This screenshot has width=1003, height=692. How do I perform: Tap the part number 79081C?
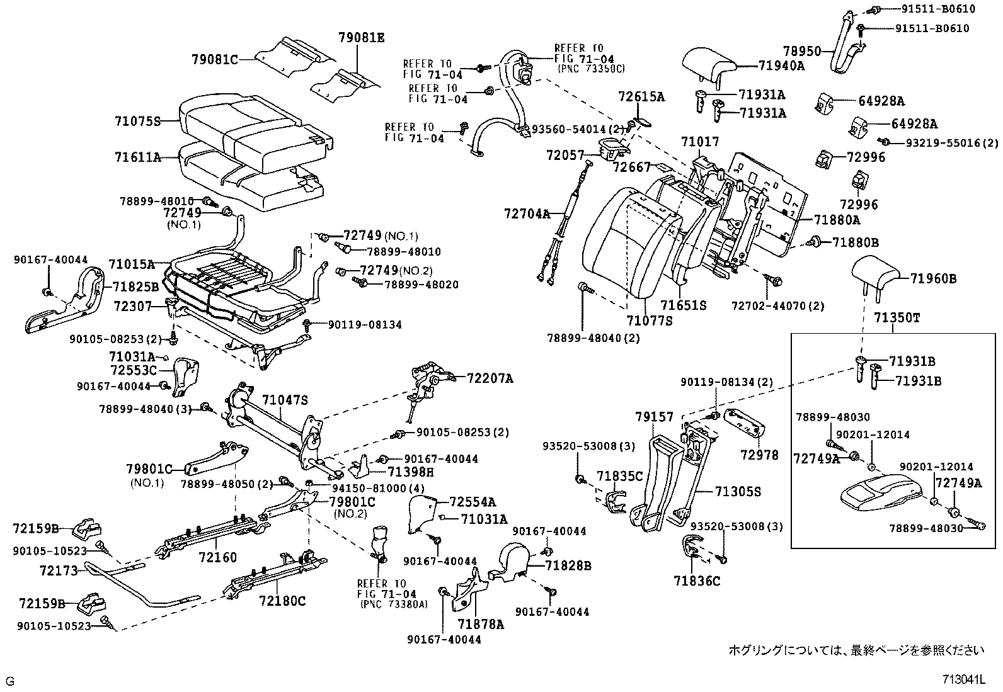tap(215, 60)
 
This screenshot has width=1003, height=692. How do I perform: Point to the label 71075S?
tap(138, 121)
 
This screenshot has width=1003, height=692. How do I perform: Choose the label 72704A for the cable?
tap(527, 213)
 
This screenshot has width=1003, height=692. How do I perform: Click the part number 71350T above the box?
tap(897, 318)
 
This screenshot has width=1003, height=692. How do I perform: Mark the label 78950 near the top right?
tap(802, 51)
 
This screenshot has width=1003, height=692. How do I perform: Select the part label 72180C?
tap(282, 601)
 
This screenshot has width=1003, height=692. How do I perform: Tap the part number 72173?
tap(58, 570)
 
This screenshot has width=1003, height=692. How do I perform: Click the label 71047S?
tap(285, 399)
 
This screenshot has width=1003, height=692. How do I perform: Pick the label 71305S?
tap(737, 491)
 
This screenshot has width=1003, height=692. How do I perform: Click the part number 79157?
tap(654, 417)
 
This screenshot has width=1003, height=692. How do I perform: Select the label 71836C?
tap(696, 581)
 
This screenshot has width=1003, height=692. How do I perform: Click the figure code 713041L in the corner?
tap(963, 679)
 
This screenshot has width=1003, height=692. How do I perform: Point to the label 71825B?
tap(135, 287)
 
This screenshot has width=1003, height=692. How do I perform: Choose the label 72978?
tap(759, 455)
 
